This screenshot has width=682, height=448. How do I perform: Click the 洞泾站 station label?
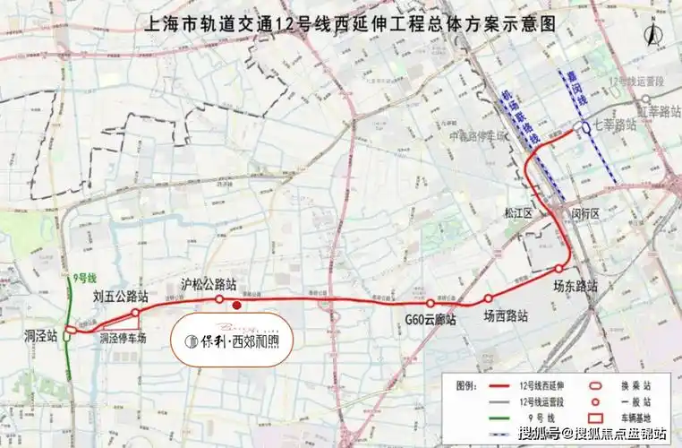click(39, 337)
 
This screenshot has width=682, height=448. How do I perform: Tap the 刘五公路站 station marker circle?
click(135, 313)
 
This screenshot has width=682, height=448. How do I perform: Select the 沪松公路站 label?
click(209, 284)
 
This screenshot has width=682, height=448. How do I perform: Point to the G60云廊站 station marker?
click(431, 304)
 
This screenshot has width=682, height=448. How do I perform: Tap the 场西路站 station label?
click(506, 316)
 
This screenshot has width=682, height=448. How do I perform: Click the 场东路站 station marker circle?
click(558, 269)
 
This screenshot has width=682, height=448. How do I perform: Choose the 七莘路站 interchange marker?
click(585, 127)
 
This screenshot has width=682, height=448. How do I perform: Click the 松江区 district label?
click(517, 214)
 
